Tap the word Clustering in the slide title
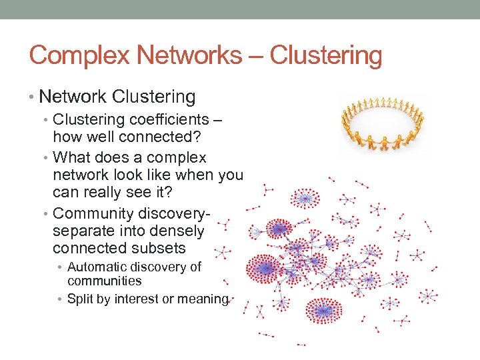[x=334, y=55]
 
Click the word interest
[x=137, y=299]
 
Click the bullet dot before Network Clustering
[x=33, y=97]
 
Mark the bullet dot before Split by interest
[x=61, y=299]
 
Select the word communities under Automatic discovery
[x=105, y=281]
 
